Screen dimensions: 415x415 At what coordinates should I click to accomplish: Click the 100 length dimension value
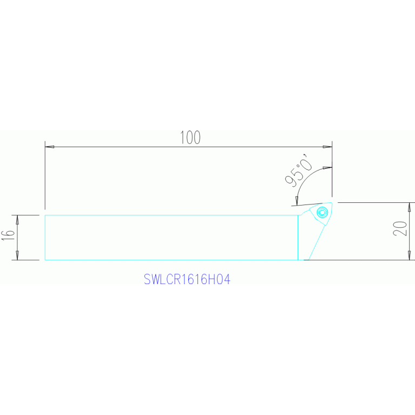coord(189,137)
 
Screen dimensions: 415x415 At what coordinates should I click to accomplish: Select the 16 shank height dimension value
coord(8,235)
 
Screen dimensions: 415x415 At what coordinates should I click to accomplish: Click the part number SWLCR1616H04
coord(187,280)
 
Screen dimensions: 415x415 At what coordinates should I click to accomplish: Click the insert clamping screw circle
coord(322,212)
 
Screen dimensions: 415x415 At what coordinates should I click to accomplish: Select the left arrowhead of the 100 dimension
coord(49,147)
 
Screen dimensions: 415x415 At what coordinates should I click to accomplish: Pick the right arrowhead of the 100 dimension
coord(327,147)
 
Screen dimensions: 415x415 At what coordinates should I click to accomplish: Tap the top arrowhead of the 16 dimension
coord(17,219)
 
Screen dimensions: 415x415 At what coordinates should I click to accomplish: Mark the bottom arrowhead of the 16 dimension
coord(17,256)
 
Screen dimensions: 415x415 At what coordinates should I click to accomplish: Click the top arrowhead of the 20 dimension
coord(410,207)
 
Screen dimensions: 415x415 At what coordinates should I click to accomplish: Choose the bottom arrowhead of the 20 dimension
coord(410,256)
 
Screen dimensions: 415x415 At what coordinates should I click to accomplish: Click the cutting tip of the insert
coord(332,203)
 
